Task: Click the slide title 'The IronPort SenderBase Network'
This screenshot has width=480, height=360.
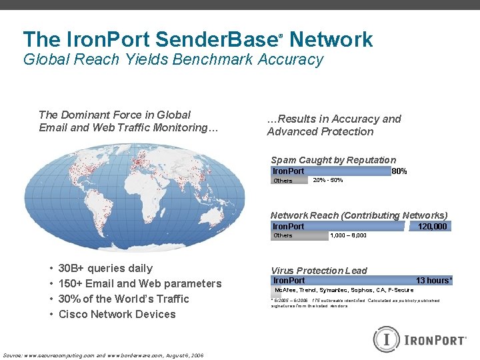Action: coord(197,39)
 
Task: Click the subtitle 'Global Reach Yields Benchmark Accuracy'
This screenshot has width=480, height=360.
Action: coord(173,59)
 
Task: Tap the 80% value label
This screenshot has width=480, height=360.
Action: coord(399,171)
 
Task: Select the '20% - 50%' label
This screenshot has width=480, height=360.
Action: coord(328,181)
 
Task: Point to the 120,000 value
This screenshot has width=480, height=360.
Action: coord(432,227)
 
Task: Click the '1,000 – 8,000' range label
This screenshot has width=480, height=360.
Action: coord(348,235)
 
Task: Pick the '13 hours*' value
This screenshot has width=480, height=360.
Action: coord(434,281)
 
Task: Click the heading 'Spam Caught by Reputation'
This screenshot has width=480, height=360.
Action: coord(333,160)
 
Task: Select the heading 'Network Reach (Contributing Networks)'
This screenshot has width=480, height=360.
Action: coord(359,215)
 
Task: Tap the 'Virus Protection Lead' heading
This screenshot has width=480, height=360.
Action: coord(319,271)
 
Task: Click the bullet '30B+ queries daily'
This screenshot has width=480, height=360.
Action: coord(105,269)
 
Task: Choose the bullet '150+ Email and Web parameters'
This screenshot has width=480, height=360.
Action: coord(140,284)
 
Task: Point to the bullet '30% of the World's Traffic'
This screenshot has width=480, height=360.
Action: coord(123,299)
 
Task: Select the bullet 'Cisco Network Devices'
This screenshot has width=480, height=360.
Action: coord(117,315)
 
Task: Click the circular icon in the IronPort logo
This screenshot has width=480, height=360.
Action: coord(385,339)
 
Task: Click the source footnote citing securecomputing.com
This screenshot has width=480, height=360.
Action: coord(103,355)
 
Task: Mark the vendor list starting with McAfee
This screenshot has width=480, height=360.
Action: coord(344,290)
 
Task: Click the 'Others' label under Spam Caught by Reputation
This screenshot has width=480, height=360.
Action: coord(283,181)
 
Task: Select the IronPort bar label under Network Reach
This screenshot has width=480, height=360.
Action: coord(288,227)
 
